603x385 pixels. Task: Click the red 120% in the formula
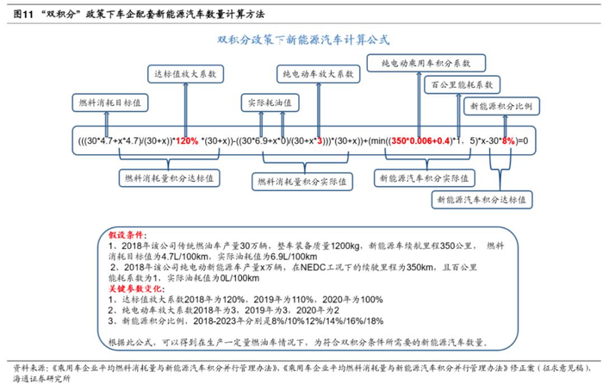[187, 140]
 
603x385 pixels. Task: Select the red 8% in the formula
[508, 140]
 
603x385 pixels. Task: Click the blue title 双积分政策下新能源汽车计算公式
[301, 40]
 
